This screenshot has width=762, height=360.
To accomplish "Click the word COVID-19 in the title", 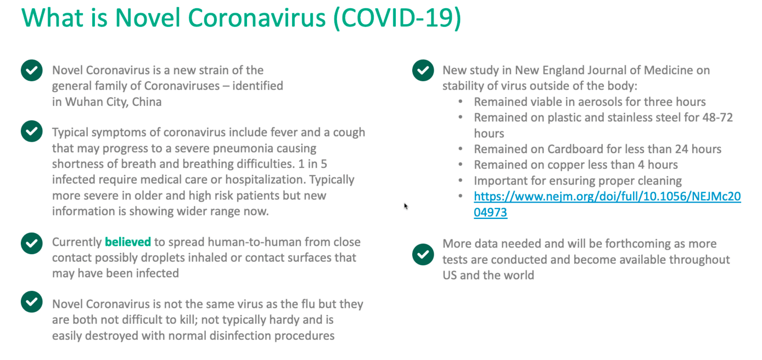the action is [x=397, y=18].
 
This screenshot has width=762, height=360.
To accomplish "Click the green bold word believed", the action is [x=128, y=241].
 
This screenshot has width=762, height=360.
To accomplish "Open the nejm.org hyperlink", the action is [x=607, y=204].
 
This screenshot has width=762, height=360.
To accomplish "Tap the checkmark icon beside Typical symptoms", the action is [x=32, y=131].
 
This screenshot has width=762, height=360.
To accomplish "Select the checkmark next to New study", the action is [x=423, y=70].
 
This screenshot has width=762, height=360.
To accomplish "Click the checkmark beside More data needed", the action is [x=423, y=254].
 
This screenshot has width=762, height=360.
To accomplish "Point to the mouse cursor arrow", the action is [x=406, y=206].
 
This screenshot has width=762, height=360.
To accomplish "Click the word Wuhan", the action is [x=79, y=102].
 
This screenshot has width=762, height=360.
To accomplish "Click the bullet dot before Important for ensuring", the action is [x=461, y=181].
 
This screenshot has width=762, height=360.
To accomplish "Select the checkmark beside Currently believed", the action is [x=32, y=244].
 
